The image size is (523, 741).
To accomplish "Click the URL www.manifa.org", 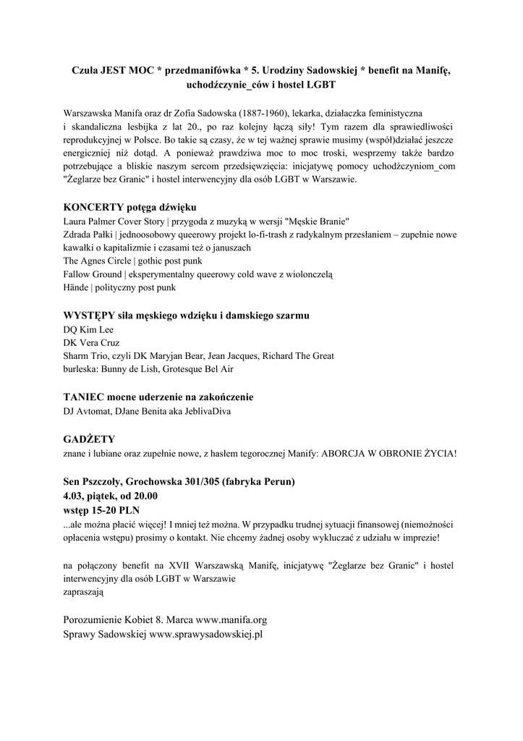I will pyautogui.click(x=231, y=619).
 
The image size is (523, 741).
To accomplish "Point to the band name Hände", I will pyautogui.click(x=76, y=287).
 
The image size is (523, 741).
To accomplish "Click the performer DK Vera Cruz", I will pyautogui.click(x=91, y=343).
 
